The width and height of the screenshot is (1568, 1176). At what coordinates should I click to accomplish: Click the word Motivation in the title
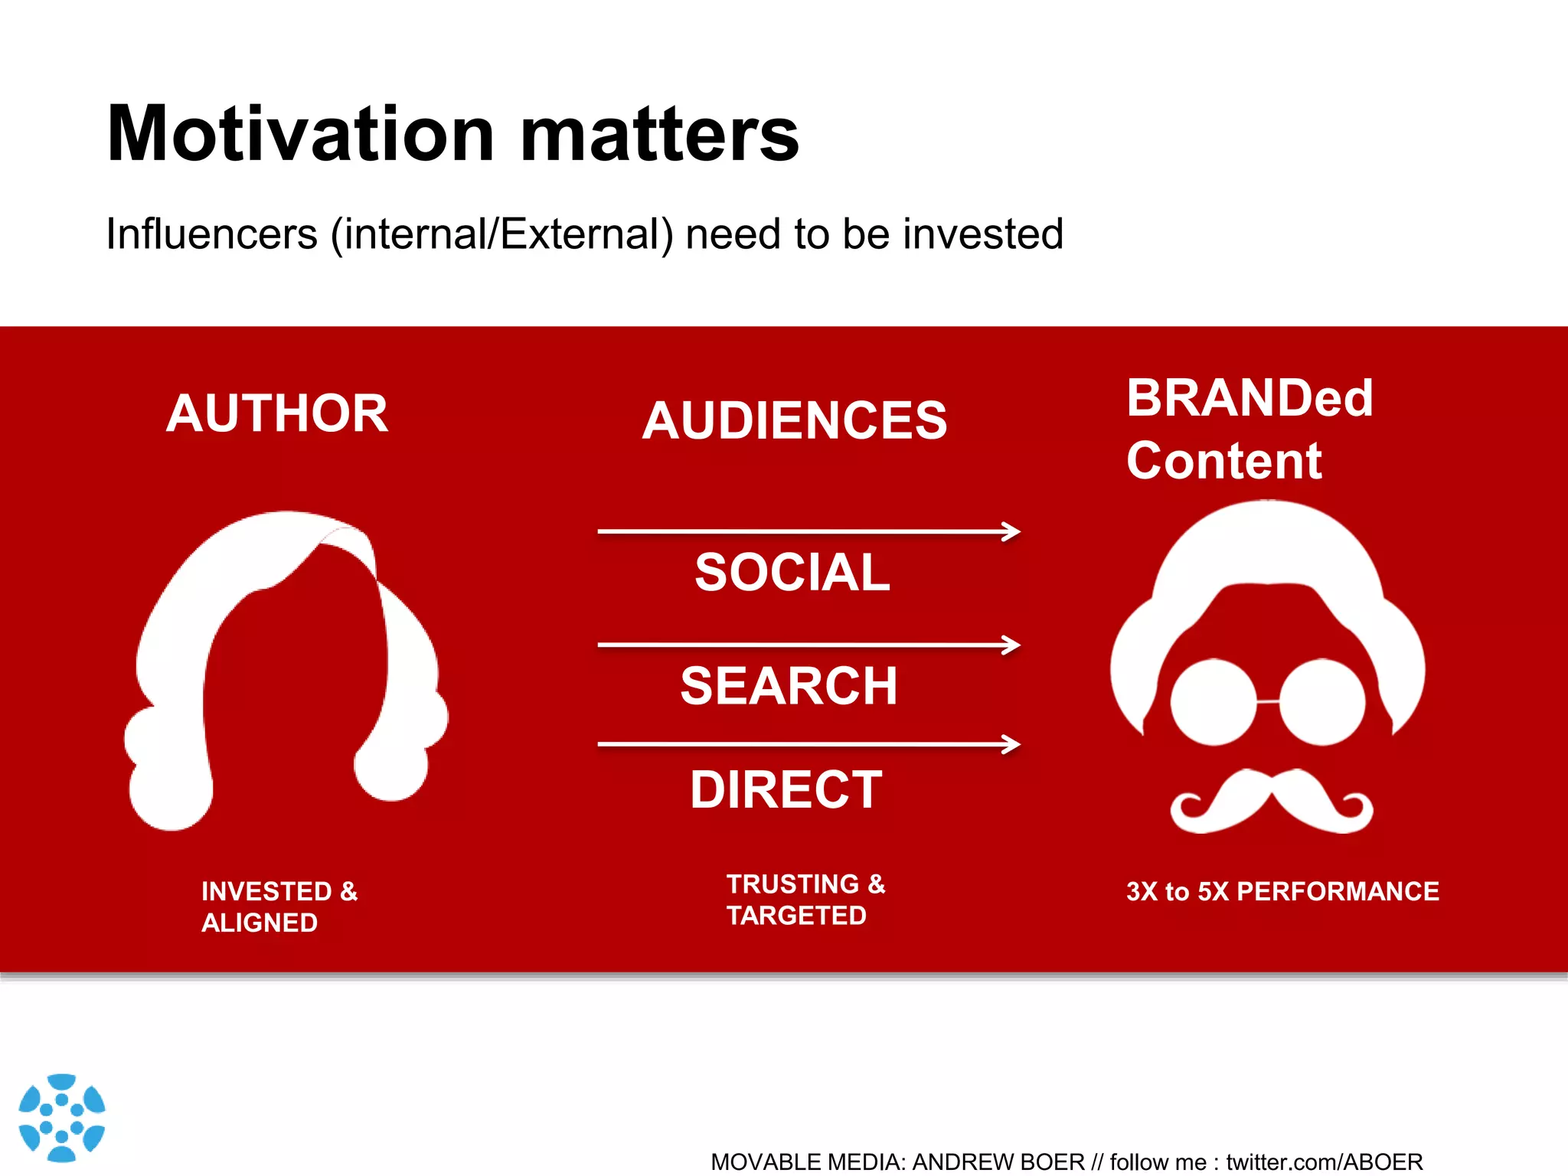coord(300,135)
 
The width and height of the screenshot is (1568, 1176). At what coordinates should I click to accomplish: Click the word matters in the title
coord(659,135)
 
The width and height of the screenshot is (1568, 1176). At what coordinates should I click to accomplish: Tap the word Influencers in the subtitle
coord(211,234)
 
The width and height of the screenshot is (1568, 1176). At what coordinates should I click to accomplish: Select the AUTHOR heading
coord(277,413)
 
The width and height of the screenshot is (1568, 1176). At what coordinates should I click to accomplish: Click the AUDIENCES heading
coord(795,421)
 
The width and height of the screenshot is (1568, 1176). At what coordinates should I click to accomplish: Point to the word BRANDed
coord(1249,398)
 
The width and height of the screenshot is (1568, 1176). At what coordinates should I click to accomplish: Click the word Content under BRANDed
coord(1223,461)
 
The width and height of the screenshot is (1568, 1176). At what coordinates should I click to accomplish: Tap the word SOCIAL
coord(792,573)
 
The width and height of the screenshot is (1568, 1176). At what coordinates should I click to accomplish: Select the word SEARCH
coord(789,686)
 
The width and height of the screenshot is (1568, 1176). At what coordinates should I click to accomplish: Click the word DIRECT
coord(786,789)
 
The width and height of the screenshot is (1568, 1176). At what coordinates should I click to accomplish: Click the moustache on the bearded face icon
coord(1271,804)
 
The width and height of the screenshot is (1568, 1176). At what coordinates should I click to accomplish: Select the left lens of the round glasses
coord(1214,701)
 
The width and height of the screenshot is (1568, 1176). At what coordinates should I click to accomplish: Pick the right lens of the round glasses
coord(1322,701)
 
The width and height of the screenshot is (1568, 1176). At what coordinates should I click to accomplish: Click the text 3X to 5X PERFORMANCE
coord(1282,891)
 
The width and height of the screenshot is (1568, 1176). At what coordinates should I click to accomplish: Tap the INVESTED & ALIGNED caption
coord(279,906)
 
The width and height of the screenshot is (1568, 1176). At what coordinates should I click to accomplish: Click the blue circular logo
coord(61,1118)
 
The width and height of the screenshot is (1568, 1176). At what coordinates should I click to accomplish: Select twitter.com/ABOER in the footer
coord(1324,1162)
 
